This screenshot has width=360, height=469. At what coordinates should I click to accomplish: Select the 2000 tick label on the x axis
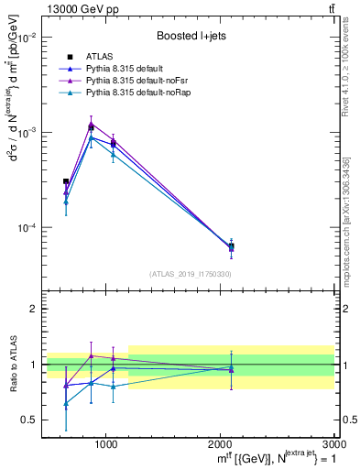pos(220,442)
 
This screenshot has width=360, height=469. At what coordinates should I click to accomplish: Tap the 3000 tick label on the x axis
pos(333,442)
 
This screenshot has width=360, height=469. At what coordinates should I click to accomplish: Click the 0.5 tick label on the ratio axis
pos(28,420)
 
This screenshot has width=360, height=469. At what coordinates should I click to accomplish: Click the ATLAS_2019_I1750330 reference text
pos(191,273)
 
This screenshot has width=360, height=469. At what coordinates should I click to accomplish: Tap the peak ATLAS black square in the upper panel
pos(91,127)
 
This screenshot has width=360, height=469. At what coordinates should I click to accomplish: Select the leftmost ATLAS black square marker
pos(66,181)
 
